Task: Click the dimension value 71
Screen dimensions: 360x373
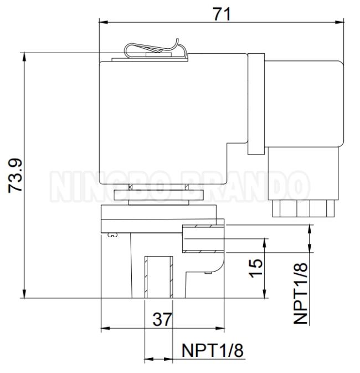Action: point(222,14)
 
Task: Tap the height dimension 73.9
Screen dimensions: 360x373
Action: point(16,176)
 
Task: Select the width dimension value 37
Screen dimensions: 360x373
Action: point(162,319)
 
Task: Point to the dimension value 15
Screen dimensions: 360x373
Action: point(256,268)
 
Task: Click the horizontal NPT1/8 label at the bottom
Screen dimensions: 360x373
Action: point(213,350)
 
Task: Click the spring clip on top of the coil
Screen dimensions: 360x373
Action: point(155,49)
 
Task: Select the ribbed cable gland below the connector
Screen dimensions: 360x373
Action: point(304,208)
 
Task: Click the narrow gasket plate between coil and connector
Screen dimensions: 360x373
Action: point(256,104)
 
